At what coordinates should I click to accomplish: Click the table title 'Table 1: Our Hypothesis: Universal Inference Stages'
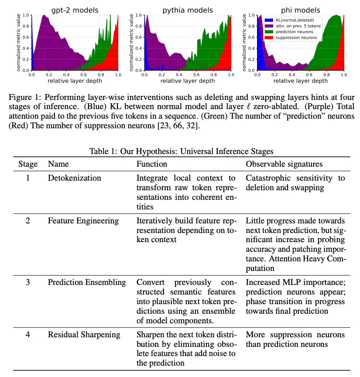click(181, 151)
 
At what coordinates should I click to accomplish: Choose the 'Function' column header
click(152, 164)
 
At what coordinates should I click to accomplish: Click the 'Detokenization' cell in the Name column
click(74, 178)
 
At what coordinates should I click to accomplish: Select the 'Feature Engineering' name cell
click(83, 221)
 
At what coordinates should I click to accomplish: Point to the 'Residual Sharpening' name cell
click(84, 335)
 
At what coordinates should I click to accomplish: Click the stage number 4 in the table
click(27, 335)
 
